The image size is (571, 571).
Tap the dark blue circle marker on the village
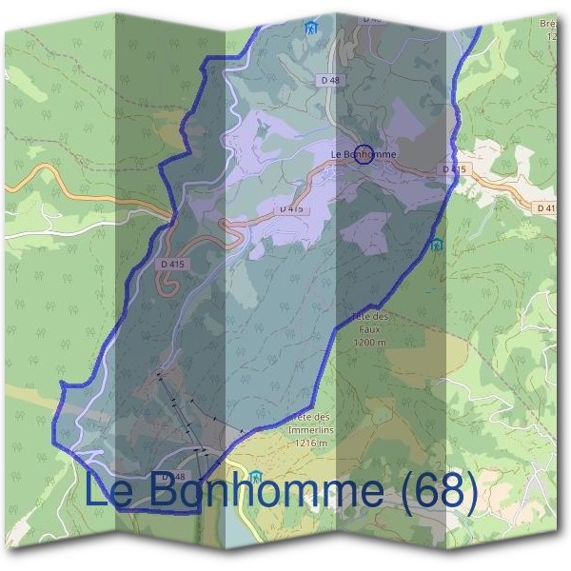pyautogui.click(x=363, y=155)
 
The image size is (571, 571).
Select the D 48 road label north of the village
pyautogui.click(x=330, y=81)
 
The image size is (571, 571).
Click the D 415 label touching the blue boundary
pyautogui.click(x=454, y=169)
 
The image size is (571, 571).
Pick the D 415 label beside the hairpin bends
pyautogui.click(x=172, y=264)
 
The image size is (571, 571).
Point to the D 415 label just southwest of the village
pyautogui.click(x=291, y=207)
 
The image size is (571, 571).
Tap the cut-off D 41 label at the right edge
pyautogui.click(x=544, y=207)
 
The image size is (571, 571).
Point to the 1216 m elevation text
pyautogui.click(x=310, y=443)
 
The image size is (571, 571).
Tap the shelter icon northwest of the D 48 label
pyautogui.click(x=310, y=28)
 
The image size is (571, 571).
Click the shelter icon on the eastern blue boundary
pyautogui.click(x=437, y=245)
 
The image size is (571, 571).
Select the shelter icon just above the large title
pyautogui.click(x=255, y=476)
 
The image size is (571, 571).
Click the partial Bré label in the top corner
pyautogui.click(x=548, y=24)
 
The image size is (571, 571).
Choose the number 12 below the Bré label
pyautogui.click(x=551, y=36)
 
